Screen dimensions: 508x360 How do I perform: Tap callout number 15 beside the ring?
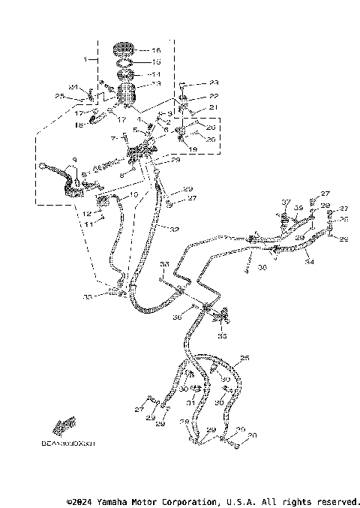tap(157, 62)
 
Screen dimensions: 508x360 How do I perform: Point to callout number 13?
tap(157, 86)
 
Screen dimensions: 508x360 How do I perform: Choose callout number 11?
tap(88, 224)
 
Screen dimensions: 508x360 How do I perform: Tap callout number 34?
tap(310, 263)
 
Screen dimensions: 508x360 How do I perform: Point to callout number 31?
tap(191, 403)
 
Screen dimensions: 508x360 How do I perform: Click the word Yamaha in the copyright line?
tap(112, 501)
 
